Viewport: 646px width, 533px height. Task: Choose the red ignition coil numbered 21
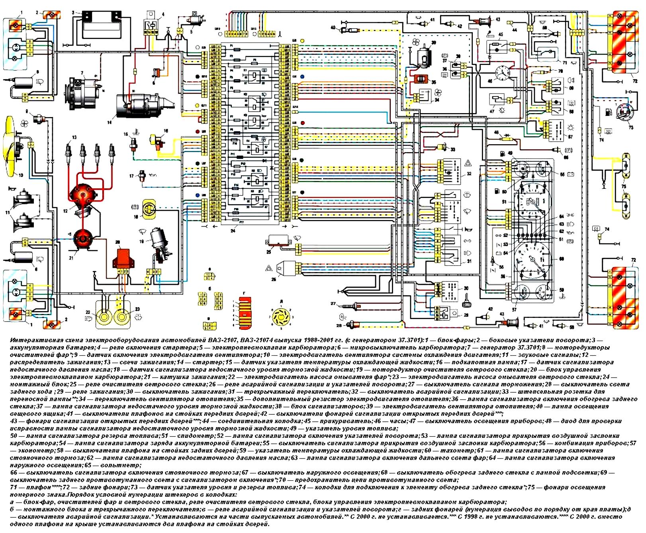(x=83, y=239)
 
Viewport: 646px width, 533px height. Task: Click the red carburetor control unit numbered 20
(x=124, y=259)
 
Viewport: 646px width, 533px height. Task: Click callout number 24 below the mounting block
(x=233, y=231)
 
